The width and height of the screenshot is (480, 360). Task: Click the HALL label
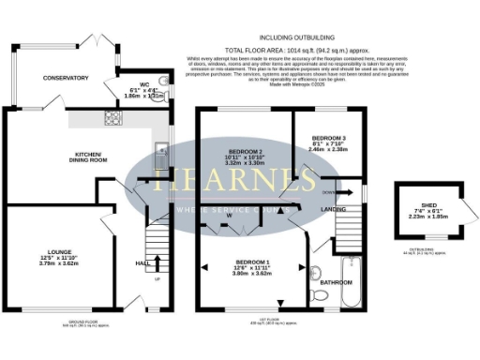click(142, 263)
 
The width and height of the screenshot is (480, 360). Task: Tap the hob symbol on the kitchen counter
click(112, 118)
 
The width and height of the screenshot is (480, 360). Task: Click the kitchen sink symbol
click(160, 149)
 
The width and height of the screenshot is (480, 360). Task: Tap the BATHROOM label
click(336, 281)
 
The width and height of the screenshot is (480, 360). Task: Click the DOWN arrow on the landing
click(327, 192)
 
